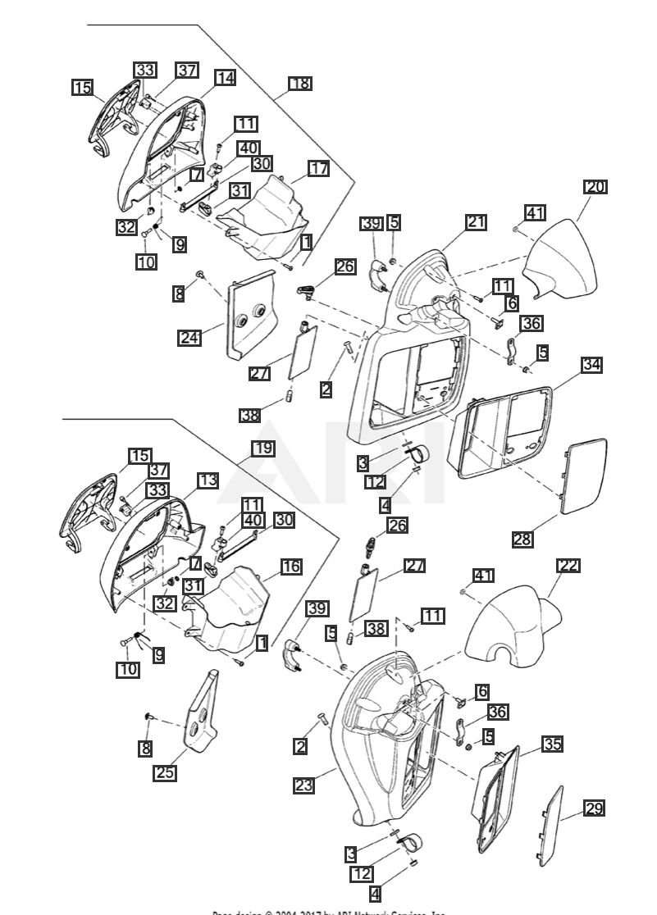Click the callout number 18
click(300, 83)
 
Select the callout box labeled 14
click(225, 77)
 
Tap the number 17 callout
click(318, 168)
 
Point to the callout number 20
click(595, 186)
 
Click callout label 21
click(477, 221)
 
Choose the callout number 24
click(189, 337)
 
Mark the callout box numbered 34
click(591, 364)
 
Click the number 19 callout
click(262, 448)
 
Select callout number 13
click(207, 480)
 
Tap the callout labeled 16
click(291, 566)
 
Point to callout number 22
click(568, 566)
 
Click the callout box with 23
click(303, 785)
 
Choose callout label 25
click(165, 772)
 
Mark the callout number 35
click(552, 744)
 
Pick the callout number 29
click(594, 808)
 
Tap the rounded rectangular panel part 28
click(584, 475)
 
